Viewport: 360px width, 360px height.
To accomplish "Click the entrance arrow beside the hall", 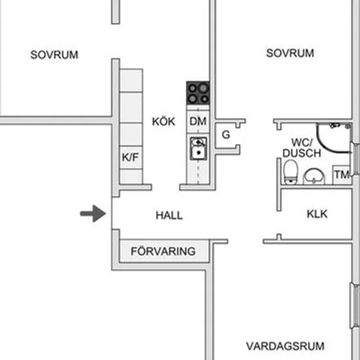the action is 93,214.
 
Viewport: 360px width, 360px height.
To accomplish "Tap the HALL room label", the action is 170,215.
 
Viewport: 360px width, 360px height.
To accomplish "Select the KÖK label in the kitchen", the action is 164,121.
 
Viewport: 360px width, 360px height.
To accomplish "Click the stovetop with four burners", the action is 198,93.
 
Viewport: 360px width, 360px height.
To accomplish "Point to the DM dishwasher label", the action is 198,121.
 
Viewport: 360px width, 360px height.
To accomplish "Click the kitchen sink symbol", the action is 198,149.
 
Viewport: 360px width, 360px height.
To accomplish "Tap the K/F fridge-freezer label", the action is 130,157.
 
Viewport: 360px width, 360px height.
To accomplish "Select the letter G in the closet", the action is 226,135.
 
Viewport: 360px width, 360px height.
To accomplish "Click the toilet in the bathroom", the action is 291,172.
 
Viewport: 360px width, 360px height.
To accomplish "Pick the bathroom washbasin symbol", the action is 314,177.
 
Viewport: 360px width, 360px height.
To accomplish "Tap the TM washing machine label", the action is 342,175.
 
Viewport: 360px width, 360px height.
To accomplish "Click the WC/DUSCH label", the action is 302,148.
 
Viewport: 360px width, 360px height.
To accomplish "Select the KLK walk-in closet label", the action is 317,214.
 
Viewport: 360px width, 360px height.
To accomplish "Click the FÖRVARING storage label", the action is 163,251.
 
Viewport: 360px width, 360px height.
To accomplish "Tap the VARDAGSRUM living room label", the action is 285,346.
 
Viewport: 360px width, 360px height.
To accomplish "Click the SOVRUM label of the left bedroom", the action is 54,54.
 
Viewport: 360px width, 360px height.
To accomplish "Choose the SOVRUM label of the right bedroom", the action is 290,53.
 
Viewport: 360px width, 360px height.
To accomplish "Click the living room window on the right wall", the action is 355,306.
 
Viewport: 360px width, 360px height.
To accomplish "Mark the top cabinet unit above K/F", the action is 132,81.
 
